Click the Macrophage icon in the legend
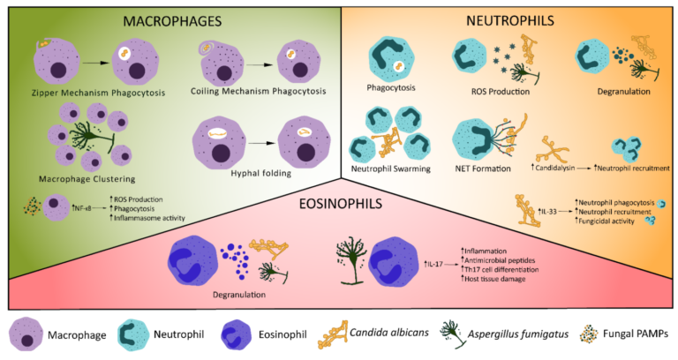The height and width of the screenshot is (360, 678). pos(28,334)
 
